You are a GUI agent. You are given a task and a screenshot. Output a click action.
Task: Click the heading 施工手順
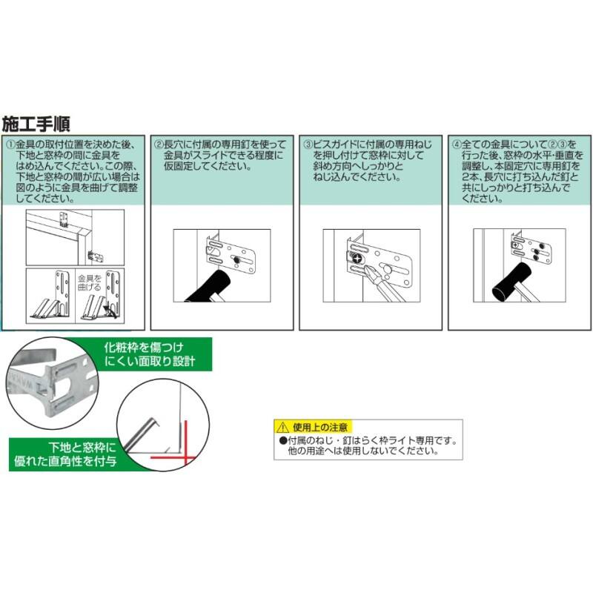coord(36,124)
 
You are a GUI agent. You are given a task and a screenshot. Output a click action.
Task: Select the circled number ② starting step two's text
coord(159,145)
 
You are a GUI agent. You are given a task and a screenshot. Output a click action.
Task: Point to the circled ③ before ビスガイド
coord(308,145)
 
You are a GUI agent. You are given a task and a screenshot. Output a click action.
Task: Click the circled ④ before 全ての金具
coord(457,145)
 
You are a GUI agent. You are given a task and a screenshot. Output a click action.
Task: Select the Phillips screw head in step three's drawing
coord(357,259)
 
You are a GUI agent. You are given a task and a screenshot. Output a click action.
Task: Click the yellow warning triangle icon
coord(282,428)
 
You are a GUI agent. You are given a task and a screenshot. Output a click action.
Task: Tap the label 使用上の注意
coord(320,428)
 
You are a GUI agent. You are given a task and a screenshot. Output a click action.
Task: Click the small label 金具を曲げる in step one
coord(90,283)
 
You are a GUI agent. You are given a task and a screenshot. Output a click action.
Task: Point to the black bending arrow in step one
coord(110,310)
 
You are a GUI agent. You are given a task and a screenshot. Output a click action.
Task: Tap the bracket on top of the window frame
coord(64,219)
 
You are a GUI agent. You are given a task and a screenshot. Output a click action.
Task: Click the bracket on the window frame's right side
coord(96,256)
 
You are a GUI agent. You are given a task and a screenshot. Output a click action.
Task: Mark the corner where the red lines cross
coord(186,457)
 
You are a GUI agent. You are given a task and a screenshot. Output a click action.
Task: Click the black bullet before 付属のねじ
coord(283,440)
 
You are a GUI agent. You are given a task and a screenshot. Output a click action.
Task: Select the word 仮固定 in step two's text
coord(179,166)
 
